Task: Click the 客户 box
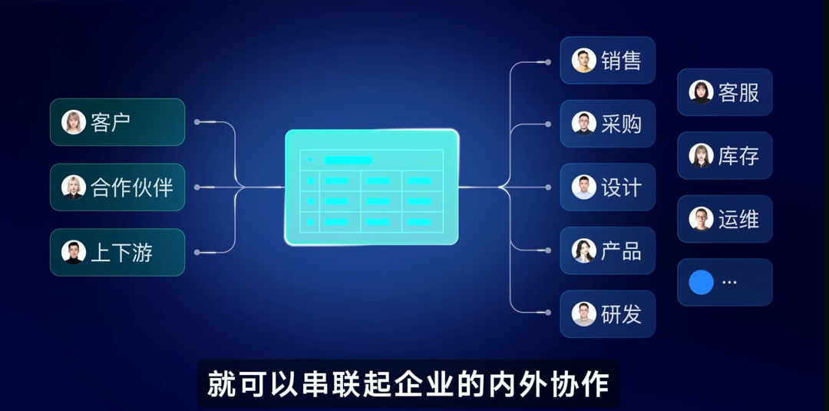[x=117, y=122]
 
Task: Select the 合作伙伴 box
[x=117, y=187]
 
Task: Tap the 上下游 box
[x=117, y=252]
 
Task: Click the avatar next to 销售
[x=583, y=60]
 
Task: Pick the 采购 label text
[x=621, y=124]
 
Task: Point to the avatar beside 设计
[x=583, y=187]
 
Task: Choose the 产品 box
[x=608, y=250]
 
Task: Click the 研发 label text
[x=621, y=314]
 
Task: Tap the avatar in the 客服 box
[x=701, y=92]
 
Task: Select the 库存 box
[x=725, y=155]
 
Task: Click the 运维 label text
[x=738, y=219]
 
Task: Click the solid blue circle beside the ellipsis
[x=701, y=283]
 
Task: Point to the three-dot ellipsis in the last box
[x=729, y=283]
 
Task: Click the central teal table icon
[x=372, y=187]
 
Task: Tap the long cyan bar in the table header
[x=348, y=161]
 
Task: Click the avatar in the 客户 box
[x=74, y=122]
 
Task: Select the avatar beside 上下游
[x=74, y=252]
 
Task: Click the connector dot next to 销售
[x=548, y=62]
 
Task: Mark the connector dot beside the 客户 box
[x=197, y=122]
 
